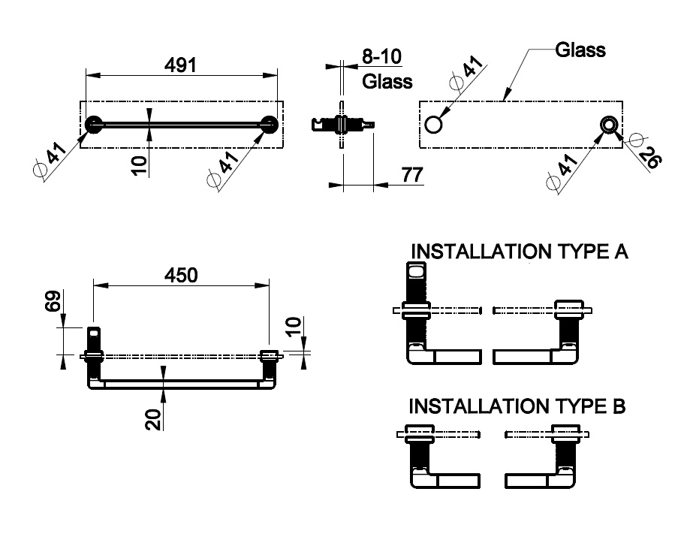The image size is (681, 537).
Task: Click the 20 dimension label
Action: (x=154, y=418)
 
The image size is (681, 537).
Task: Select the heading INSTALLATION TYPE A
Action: (x=517, y=251)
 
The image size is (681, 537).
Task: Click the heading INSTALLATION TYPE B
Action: (x=517, y=407)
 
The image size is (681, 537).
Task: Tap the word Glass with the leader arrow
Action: (x=580, y=50)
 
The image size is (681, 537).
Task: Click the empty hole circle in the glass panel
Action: (x=434, y=124)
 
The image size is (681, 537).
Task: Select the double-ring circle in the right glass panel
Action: (x=609, y=124)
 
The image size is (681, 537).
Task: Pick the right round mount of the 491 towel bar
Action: (x=270, y=125)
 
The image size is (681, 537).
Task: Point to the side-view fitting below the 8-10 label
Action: (x=342, y=123)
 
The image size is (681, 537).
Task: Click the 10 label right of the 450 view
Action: (x=294, y=327)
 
